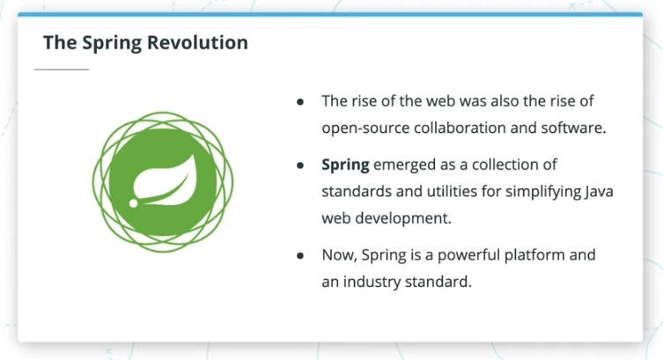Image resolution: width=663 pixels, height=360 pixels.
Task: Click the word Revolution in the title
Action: click(197, 42)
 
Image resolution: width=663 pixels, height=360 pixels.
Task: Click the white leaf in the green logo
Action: click(165, 181)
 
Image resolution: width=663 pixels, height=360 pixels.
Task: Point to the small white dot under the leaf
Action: click(133, 203)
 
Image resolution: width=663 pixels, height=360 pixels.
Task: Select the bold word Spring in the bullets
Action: click(345, 165)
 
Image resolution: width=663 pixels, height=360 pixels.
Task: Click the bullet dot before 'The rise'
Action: click(300, 101)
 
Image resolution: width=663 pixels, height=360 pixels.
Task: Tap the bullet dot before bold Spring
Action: click(300, 165)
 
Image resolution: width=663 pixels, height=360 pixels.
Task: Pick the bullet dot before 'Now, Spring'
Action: click(300, 255)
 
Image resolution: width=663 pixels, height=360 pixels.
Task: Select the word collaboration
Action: click(460, 128)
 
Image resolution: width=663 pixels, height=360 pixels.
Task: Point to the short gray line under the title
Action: click(62, 69)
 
